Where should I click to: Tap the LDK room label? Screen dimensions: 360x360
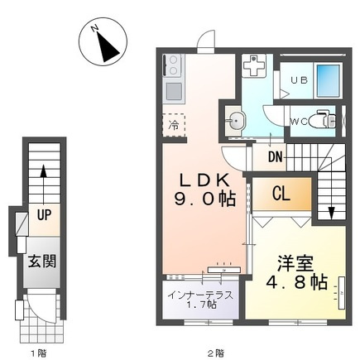[x=204, y=180]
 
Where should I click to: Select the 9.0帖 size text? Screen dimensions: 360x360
[x=204, y=199]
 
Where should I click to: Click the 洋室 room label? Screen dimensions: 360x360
[x=295, y=264]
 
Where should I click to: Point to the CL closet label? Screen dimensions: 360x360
[x=281, y=194]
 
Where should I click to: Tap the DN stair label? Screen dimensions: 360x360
[x=276, y=157]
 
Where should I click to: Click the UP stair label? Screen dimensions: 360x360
[x=44, y=214]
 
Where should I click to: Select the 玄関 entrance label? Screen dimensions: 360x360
[x=42, y=261]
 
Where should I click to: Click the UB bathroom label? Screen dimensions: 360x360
[x=300, y=80]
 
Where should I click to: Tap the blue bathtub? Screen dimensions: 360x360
[x=328, y=80]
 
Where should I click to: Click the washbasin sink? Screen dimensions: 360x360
[x=235, y=121]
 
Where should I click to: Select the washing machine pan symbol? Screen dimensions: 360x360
[x=254, y=65]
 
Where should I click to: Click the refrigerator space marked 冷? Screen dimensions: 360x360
[x=174, y=125]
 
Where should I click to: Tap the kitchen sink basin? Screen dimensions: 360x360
[x=174, y=91]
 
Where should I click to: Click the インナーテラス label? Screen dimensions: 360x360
[x=200, y=295]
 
